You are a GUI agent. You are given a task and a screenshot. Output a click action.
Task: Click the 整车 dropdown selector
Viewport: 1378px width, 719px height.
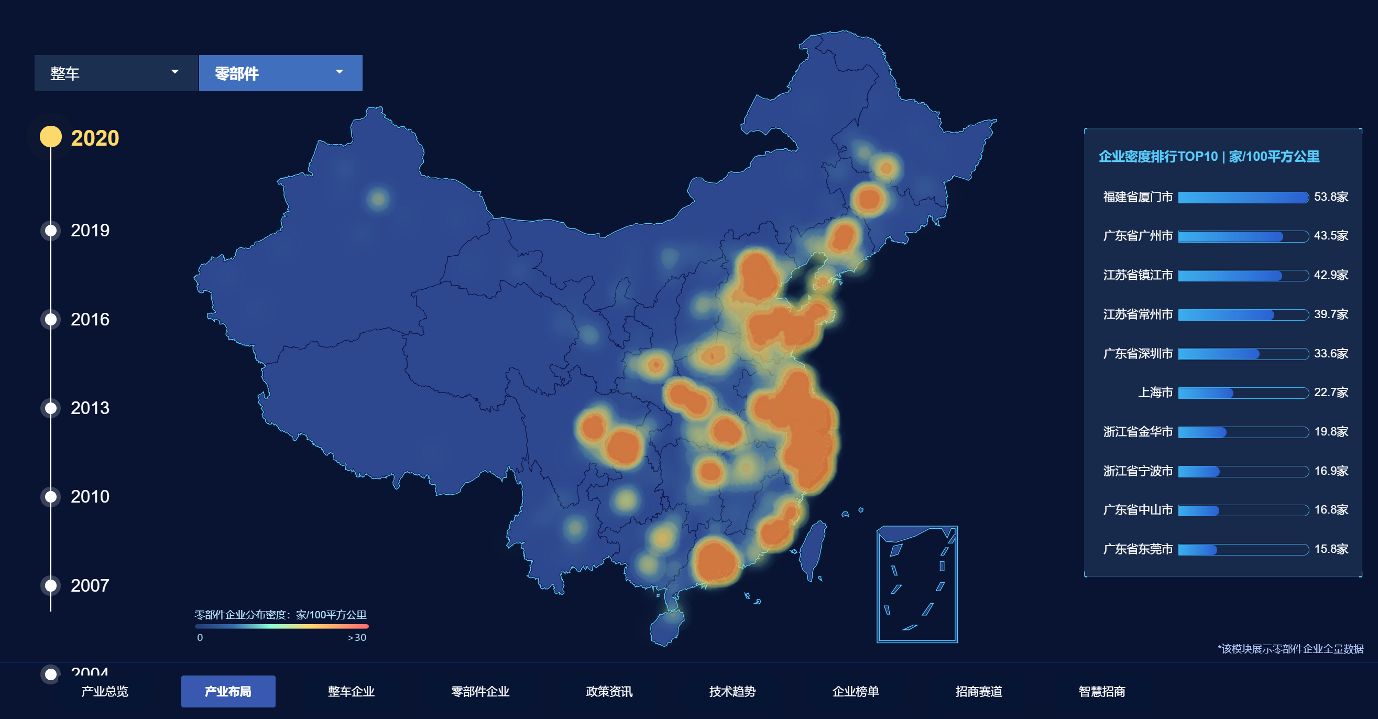(116, 73)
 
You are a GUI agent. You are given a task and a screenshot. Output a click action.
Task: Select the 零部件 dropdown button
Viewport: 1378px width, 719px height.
(280, 73)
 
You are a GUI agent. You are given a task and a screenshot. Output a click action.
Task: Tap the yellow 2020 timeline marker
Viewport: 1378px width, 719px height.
(51, 137)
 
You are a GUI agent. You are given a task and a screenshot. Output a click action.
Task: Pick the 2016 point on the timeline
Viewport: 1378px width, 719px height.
(51, 319)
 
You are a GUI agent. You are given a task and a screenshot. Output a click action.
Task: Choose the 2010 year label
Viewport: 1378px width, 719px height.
(90, 496)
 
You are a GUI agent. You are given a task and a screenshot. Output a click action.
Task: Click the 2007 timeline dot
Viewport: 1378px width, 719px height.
(51, 585)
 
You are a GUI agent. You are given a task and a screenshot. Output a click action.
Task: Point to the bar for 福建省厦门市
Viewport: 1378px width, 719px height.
(1243, 198)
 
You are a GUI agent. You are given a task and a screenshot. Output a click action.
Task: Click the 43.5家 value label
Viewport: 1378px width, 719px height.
(1331, 236)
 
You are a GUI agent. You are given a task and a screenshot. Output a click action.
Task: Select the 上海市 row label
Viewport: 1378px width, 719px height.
(1155, 393)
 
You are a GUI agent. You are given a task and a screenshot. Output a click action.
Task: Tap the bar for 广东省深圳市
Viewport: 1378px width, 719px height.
(1219, 354)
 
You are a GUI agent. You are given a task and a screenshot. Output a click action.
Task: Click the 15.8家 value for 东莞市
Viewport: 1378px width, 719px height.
(1331, 549)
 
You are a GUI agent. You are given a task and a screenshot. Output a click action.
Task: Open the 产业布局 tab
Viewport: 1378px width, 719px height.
(228, 691)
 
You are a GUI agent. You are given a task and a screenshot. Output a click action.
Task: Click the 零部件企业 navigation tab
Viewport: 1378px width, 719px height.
(480, 691)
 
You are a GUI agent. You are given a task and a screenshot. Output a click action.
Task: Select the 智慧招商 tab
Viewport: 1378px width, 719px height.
(1101, 691)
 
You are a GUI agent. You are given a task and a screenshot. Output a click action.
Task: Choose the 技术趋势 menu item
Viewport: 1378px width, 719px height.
(732, 691)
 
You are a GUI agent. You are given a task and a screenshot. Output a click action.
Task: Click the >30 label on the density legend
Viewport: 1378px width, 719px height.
(357, 637)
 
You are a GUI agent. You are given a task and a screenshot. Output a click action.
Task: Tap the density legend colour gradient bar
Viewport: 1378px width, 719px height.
(281, 626)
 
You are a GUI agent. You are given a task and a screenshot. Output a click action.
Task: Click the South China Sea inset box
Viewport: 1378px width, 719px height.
(917, 584)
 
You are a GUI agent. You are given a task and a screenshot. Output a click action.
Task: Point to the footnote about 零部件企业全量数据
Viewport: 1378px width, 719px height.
(1290, 649)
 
